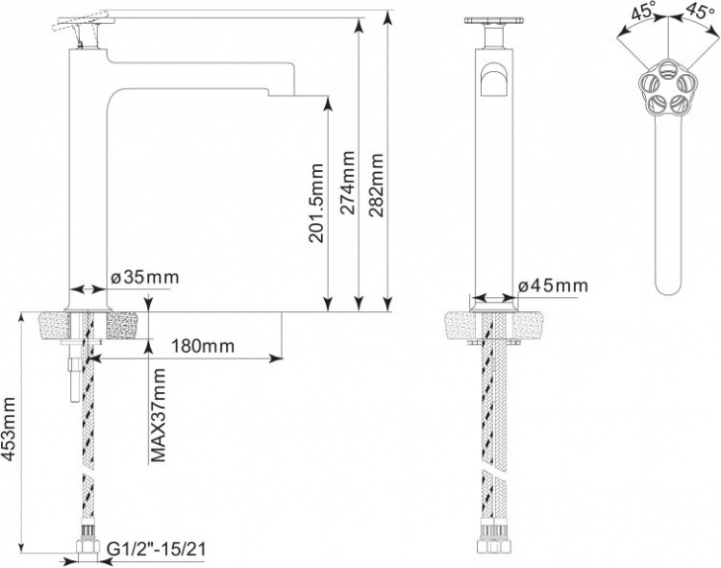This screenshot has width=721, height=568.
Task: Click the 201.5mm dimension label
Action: (x=316, y=203)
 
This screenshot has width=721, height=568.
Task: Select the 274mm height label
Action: (x=348, y=183)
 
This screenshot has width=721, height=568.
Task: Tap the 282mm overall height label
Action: (x=376, y=185)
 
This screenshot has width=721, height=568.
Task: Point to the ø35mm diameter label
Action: (x=145, y=277)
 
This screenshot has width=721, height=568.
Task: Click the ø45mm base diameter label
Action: (x=553, y=285)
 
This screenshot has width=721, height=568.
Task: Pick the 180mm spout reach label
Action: (x=203, y=346)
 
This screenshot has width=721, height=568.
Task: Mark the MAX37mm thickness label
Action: (x=159, y=414)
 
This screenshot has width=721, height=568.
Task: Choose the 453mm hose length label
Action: (x=9, y=429)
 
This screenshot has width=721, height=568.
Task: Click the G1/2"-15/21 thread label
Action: (x=157, y=549)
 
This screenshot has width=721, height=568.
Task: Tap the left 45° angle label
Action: (x=644, y=11)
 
